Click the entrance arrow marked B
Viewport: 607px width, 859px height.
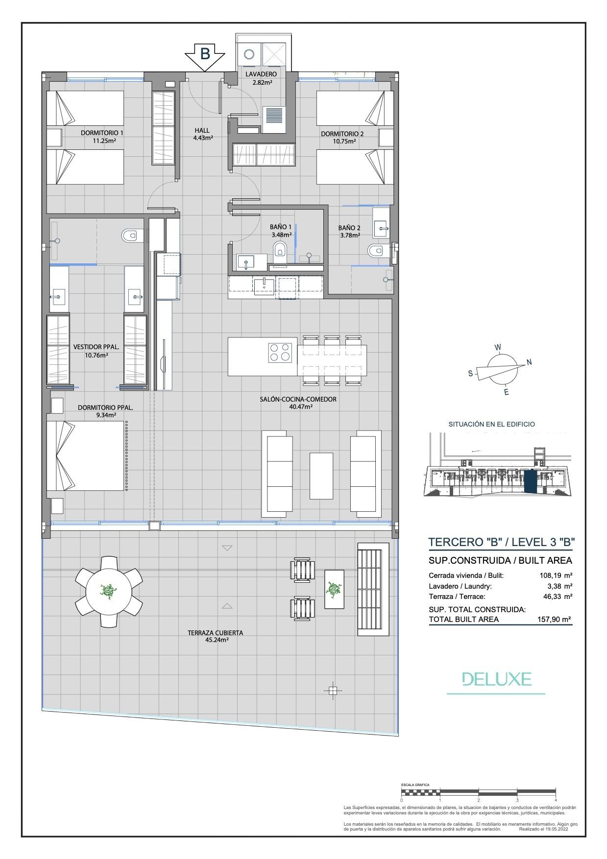[205, 55]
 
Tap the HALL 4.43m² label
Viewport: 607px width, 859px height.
[202, 134]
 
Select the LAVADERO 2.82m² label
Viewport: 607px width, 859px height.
[261, 78]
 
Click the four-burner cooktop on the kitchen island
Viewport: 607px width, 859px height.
[280, 352]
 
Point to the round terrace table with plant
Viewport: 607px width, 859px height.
[108, 591]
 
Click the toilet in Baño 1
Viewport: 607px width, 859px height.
[280, 249]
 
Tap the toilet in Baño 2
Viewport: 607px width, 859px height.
[375, 251]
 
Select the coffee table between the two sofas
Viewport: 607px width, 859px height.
[321, 475]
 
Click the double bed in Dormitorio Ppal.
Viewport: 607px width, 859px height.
[86, 455]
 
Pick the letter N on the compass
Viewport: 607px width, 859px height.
[529, 362]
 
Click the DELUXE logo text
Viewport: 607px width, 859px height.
[497, 679]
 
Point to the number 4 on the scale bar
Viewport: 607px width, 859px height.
[556, 800]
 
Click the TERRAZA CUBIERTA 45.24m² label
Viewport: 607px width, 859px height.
[215, 636]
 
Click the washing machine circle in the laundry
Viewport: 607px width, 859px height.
[249, 54]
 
